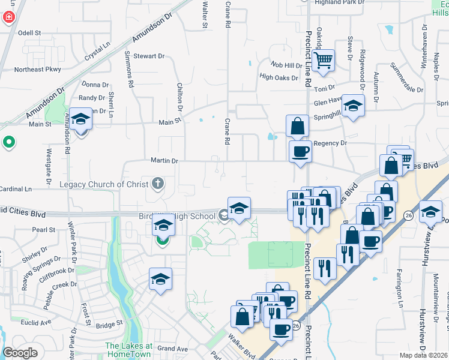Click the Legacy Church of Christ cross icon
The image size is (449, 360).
click(157, 184)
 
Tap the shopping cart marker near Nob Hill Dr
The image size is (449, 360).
click(323, 60)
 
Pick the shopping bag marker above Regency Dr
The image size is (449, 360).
click(297, 127)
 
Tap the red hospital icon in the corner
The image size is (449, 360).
click(9, 16)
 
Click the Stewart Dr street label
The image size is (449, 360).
click(149, 56)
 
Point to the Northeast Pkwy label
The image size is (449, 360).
click(38, 70)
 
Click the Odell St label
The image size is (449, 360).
click(29, 33)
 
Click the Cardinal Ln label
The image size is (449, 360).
click(16, 189)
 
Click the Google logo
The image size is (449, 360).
click(20, 353)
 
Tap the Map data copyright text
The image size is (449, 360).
click(424, 355)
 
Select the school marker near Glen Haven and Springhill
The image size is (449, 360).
click(354, 107)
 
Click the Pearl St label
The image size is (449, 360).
click(44, 230)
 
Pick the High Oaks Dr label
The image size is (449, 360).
click(279, 77)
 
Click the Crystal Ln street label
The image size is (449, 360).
click(99, 53)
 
